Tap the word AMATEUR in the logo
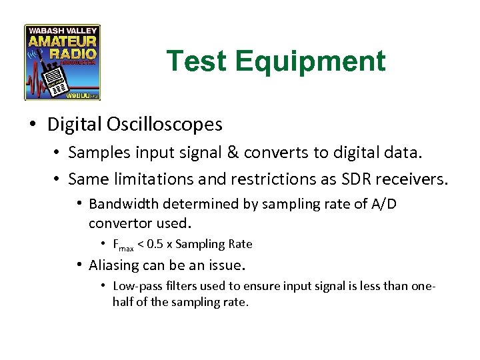click(63, 42)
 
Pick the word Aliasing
click(114, 265)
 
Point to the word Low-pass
click(134, 286)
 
